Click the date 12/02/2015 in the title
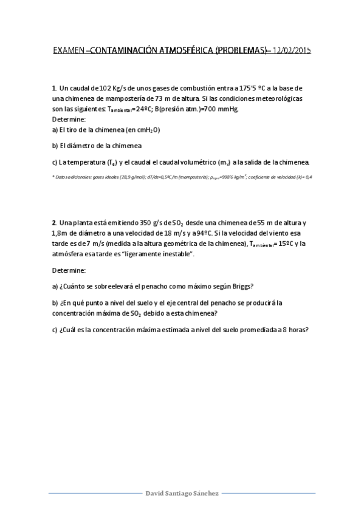tap(292, 51)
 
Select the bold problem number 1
tap(54, 88)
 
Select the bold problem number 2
tap(54, 222)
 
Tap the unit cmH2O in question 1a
tap(146, 129)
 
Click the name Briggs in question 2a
tap(241, 286)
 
